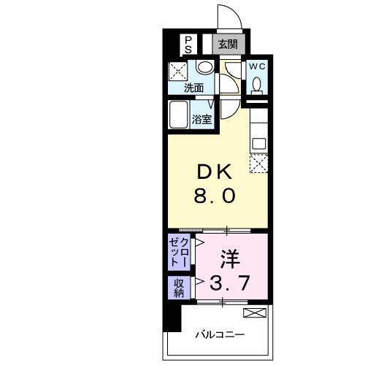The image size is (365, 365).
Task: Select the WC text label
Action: pos(257,66)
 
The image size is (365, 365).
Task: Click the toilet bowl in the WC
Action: pos(257,85)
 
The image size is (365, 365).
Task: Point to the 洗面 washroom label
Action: pos(193,88)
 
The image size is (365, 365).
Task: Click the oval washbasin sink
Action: pos(205,69)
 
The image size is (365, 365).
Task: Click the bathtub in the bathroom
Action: pos(179,116)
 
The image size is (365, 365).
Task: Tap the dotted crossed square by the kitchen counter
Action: pos(258,164)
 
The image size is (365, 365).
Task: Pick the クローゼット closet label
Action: pos(178,253)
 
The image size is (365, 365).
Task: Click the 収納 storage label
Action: pos(179,288)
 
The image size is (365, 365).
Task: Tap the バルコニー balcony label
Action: pos(220,335)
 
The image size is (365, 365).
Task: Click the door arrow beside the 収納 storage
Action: pos(199,282)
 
